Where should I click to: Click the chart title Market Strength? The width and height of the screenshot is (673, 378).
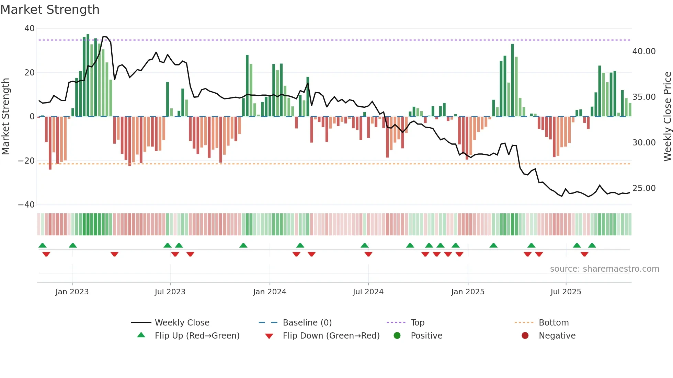point(50,10)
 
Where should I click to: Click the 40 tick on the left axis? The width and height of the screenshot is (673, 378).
point(30,28)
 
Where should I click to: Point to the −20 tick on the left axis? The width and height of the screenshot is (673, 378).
point(27,161)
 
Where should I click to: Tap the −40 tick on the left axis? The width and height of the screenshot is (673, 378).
point(27,205)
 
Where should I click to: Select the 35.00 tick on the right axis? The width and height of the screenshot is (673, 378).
point(644,97)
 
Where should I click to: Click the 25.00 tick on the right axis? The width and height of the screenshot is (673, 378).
point(644,188)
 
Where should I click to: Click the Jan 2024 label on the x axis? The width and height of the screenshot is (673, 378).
point(270,292)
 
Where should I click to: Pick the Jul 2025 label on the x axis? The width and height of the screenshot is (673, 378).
point(566,292)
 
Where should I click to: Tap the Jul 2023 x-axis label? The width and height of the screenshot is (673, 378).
point(170,292)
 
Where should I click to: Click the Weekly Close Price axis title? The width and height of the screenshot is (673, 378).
point(667,117)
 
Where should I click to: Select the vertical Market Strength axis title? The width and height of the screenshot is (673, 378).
point(5,117)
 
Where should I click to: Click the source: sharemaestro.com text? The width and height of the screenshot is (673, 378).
point(604,269)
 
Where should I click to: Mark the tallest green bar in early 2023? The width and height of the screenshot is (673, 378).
point(88,75)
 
